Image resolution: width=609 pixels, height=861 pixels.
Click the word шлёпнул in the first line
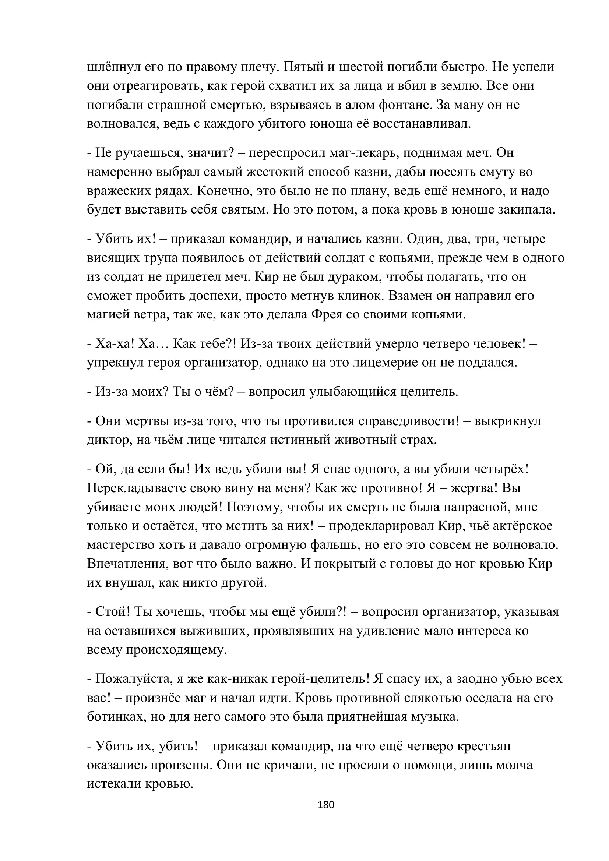tap(110, 67)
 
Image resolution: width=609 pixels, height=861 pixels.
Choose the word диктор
tap(106, 440)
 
